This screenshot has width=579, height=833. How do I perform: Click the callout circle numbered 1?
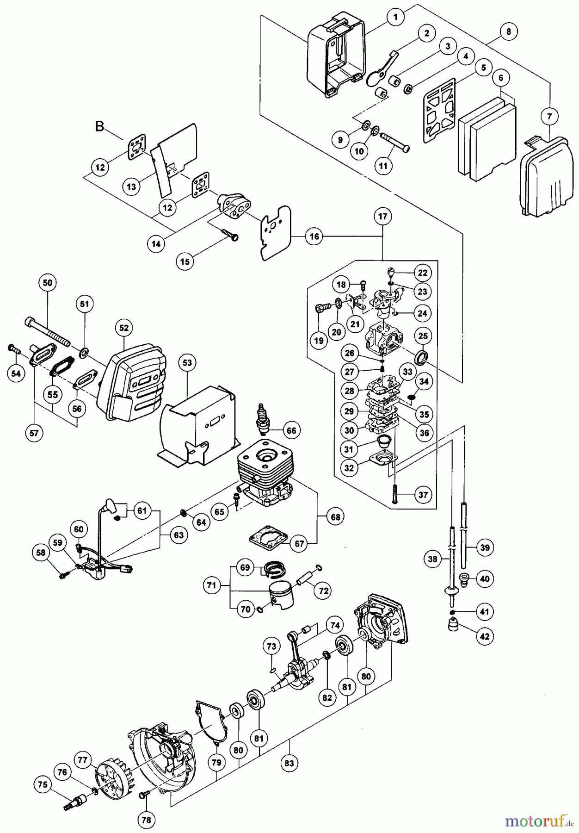pos(395,17)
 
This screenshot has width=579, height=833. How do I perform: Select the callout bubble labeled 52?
pos(123,328)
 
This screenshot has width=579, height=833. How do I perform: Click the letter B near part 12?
pos(99,126)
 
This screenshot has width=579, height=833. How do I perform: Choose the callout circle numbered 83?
pos(289,763)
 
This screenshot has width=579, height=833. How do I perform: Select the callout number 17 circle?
pos(382,216)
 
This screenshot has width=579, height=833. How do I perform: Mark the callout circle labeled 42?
pos(484,636)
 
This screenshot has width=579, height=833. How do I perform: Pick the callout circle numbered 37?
pos(423,495)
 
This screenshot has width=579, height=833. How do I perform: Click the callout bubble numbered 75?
pos(43,784)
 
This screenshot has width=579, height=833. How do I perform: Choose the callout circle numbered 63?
pos(179,535)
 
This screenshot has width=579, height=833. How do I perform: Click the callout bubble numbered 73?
pos(271,646)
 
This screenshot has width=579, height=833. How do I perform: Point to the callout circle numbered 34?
pos(424,381)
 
